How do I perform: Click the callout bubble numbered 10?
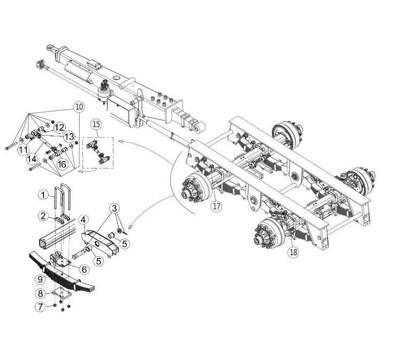tap(79, 106)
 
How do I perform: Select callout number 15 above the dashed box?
tap(96, 124)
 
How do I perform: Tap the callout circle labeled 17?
tap(216, 206)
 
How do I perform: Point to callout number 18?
tap(293, 252)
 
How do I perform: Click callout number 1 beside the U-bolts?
tap(43, 195)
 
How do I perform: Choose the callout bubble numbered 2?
tap(43, 216)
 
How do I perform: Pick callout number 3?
tap(115, 208)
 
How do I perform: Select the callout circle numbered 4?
tap(83, 220)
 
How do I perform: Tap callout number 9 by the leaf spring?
tap(40, 279)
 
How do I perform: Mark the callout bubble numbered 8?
tap(41, 293)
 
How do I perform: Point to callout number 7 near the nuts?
tap(40, 307)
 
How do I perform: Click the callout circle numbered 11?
tap(24, 150)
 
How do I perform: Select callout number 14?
tap(32, 159)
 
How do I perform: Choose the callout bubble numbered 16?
tap(62, 164)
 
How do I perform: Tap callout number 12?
tap(59, 127)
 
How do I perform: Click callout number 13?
tap(70, 136)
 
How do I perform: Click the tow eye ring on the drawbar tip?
tap(50, 48)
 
